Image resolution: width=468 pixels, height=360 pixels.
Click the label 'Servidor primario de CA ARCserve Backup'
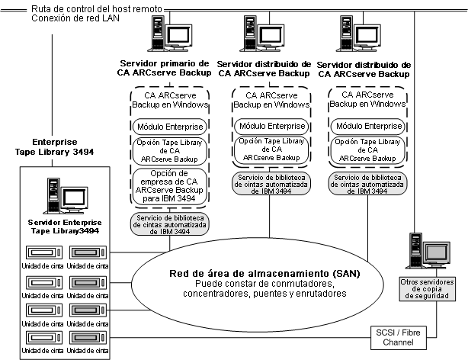tap(165, 69)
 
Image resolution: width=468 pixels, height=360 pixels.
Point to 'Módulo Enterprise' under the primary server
tap(165, 126)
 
